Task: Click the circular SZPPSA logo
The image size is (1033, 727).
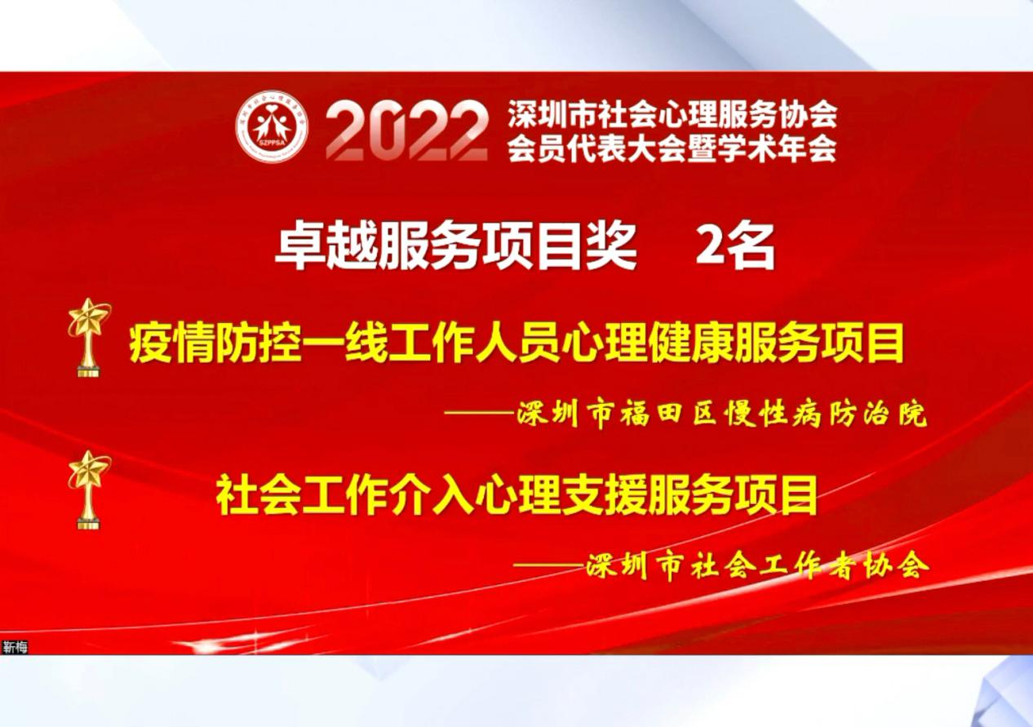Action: click(x=272, y=126)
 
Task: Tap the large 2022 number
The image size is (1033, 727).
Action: click(x=406, y=131)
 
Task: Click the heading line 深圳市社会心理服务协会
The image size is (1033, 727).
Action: click(x=672, y=114)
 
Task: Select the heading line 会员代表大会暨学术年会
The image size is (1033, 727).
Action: click(x=672, y=148)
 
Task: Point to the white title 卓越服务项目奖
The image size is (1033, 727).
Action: click(x=455, y=249)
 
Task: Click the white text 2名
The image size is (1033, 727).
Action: click(x=734, y=249)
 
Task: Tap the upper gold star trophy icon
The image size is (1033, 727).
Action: click(x=89, y=337)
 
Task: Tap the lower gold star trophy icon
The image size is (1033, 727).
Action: click(x=89, y=490)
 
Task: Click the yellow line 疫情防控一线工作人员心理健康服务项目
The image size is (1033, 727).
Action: click(x=516, y=344)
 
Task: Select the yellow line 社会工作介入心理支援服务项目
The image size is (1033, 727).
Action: click(x=516, y=495)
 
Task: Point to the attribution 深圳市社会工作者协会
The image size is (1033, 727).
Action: click(x=756, y=566)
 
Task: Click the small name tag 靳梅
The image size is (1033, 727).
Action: click(x=15, y=647)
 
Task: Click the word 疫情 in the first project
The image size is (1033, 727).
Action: click(x=171, y=344)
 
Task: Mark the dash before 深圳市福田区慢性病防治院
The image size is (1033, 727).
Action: click(x=480, y=412)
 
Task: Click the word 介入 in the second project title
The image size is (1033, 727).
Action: click(x=431, y=495)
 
